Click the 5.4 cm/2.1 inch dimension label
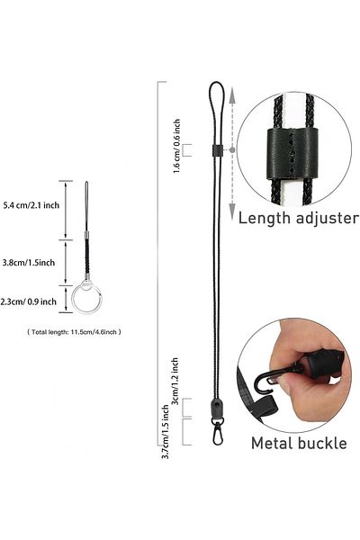(31, 205)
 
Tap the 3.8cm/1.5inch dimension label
(29, 263)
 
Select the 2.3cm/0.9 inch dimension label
(28, 301)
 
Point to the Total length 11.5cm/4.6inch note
(74, 332)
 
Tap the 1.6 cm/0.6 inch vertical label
(176, 146)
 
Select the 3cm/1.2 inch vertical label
(175, 382)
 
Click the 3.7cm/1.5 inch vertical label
(166, 431)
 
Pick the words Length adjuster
(298, 219)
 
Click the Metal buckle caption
(299, 443)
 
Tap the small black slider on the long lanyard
(216, 149)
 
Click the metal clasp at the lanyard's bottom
(218, 431)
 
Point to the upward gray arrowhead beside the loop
(232, 95)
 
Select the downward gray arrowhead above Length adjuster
(232, 211)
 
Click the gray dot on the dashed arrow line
(232, 150)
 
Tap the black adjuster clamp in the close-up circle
(292, 154)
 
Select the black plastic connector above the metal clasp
(217, 408)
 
